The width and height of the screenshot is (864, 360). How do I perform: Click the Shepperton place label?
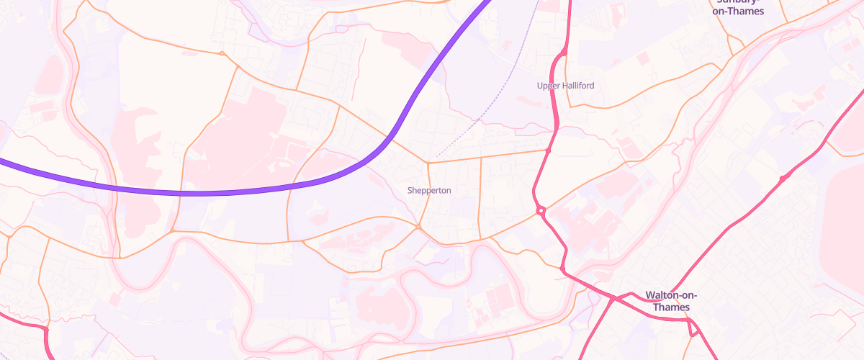[x=429, y=191]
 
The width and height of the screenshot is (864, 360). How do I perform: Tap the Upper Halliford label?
[x=566, y=86]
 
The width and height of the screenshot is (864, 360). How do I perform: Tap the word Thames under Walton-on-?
[x=672, y=308]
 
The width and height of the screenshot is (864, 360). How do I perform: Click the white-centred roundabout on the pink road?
[x=540, y=211]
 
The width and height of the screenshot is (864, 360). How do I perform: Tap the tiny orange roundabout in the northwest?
[x=222, y=53]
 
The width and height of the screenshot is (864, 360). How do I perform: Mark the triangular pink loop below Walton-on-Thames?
[x=693, y=328]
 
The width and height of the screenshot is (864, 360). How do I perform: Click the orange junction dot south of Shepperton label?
[x=418, y=228]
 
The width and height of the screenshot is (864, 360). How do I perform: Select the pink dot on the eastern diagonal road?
[x=783, y=178]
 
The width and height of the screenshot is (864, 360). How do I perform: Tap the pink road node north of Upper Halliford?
[x=564, y=53]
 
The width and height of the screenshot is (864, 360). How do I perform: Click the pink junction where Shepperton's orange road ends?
[x=548, y=150]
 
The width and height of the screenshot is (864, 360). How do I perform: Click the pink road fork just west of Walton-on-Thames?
[x=612, y=297]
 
